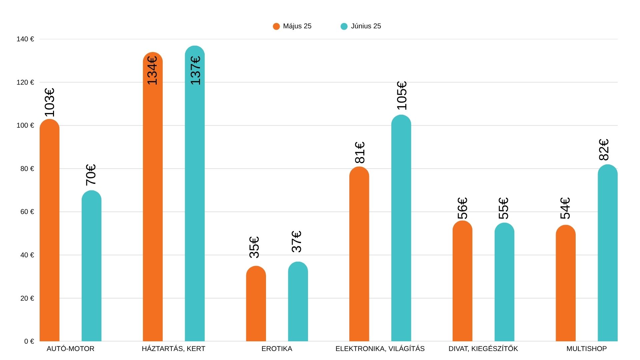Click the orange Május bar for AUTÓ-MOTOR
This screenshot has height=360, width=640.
coord(49,230)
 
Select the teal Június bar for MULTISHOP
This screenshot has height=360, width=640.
coord(607,253)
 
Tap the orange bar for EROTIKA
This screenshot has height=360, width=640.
coord(256,303)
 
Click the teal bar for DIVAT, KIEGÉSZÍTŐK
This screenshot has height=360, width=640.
coord(504,282)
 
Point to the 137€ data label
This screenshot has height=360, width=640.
coord(196,70)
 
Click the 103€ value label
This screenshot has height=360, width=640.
coord(49,103)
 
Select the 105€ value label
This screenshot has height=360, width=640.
coord(402,96)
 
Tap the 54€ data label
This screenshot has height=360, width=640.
coord(565,208)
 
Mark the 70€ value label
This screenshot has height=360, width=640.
coord(91,175)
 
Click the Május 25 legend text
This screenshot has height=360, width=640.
coord(297,26)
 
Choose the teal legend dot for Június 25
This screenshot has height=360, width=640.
coord(344,26)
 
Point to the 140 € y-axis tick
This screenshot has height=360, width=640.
coord(25,39)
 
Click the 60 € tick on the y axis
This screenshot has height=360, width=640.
coord(27,212)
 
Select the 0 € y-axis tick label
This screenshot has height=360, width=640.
coord(29,341)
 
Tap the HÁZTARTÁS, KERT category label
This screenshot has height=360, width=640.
coord(173,349)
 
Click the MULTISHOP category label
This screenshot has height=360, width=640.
coord(586,349)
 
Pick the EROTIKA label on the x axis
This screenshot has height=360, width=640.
coord(277,349)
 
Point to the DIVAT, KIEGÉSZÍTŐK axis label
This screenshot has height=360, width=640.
coord(483,349)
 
